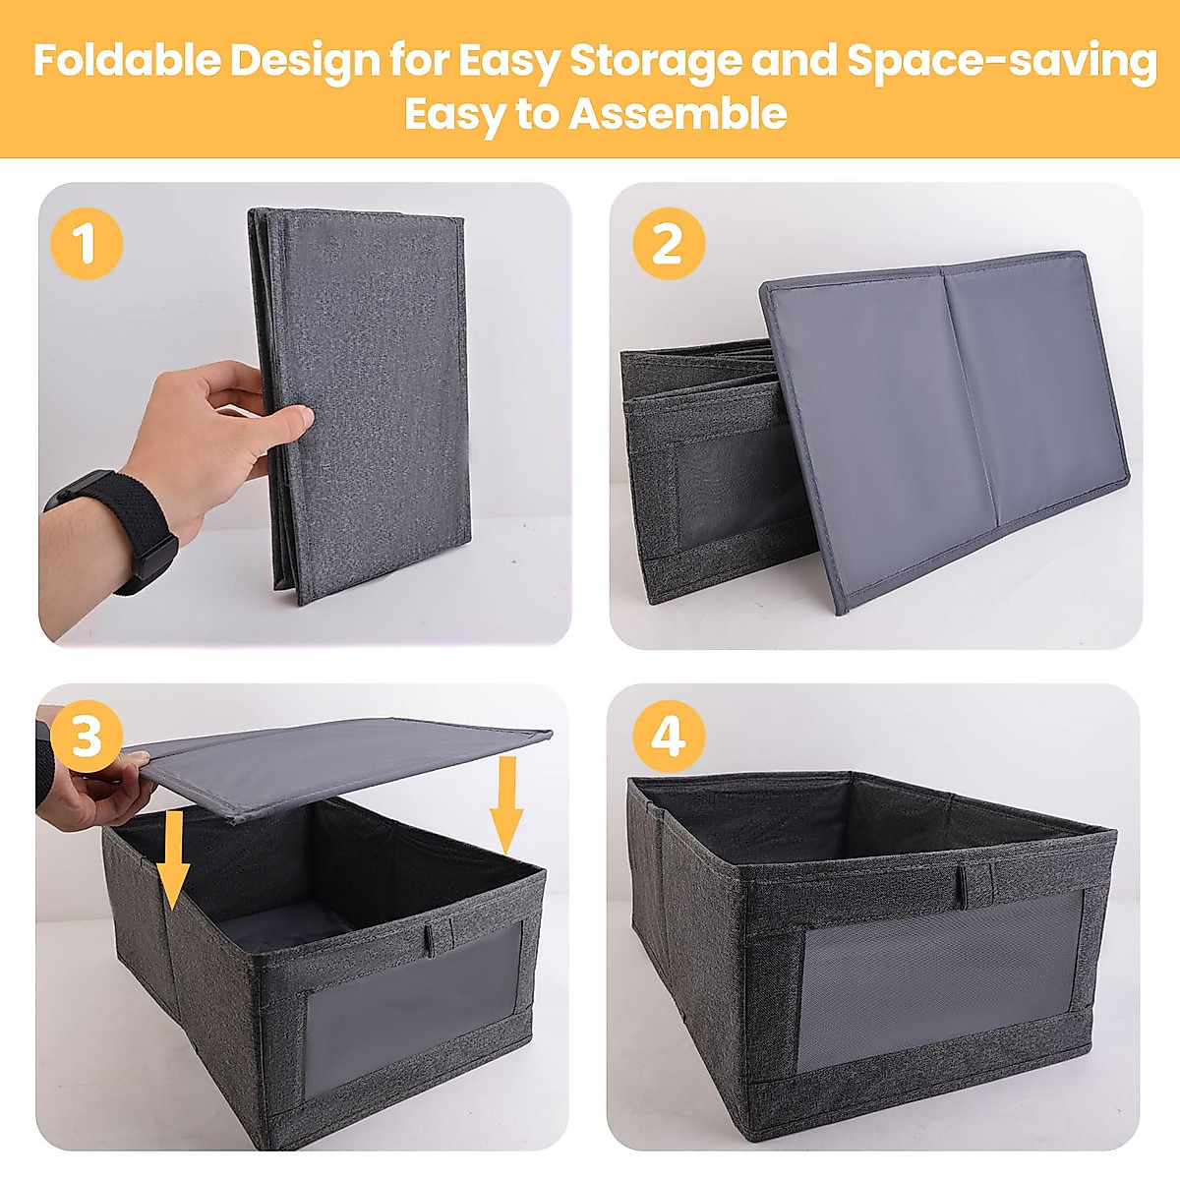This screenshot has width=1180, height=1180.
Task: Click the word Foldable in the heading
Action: (127, 61)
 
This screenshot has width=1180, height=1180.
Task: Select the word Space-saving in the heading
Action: (1001, 61)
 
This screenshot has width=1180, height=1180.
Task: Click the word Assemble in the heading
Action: (678, 114)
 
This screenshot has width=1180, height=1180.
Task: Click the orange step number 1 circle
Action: (86, 243)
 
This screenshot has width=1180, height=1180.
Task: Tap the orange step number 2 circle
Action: (668, 243)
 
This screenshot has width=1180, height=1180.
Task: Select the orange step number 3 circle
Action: (86, 737)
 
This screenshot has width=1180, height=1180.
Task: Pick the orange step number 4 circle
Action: (669, 737)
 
